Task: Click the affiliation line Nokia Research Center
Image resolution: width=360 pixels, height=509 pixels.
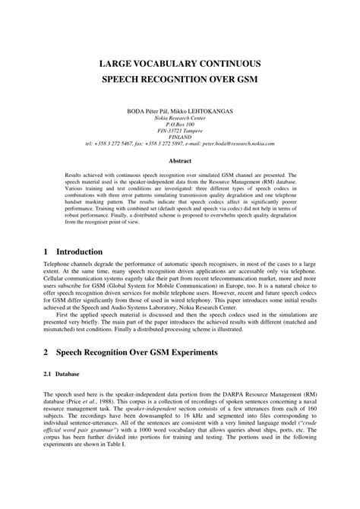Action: pos(180,118)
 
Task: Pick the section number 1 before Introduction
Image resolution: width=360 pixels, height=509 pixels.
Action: pos(46,251)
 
